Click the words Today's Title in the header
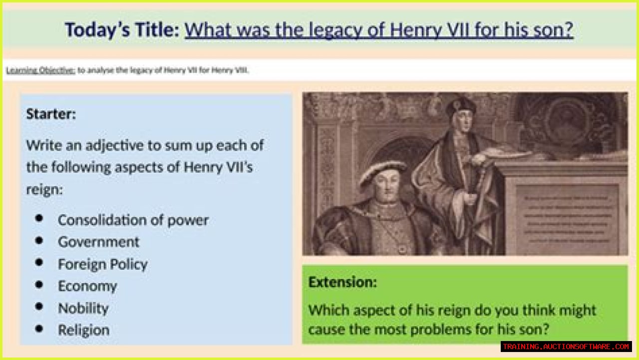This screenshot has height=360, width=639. (121, 30)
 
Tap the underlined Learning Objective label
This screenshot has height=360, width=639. (40, 70)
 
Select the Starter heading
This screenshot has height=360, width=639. (51, 114)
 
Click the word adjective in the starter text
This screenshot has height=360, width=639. (113, 145)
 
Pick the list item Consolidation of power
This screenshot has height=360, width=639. (133, 220)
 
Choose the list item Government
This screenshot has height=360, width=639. (98, 242)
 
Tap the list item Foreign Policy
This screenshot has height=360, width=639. (102, 264)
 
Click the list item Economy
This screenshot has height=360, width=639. (87, 286)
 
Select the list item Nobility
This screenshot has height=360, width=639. (83, 308)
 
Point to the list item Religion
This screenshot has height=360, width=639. (83, 330)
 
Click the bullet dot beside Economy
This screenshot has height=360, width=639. (39, 285)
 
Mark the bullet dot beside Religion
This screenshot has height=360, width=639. (39, 329)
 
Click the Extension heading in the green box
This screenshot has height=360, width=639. (342, 282)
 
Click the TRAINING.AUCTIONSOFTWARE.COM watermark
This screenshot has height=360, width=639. (566, 347)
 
